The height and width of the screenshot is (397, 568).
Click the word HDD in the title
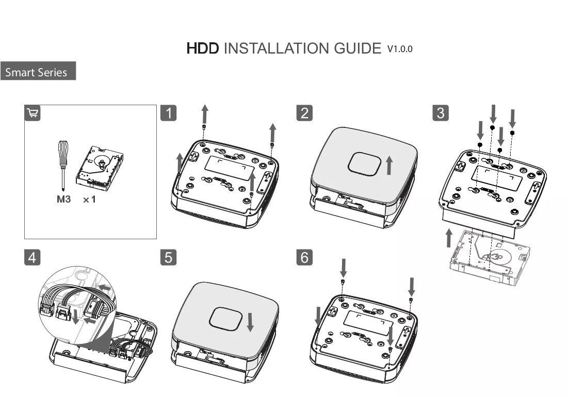[203, 48]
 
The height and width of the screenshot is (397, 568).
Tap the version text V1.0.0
[400, 49]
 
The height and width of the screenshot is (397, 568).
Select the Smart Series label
[36, 72]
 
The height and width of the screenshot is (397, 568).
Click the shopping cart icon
[32, 113]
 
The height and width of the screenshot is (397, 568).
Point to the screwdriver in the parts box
[62, 164]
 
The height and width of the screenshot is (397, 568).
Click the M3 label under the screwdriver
[64, 199]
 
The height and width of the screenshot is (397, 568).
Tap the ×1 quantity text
[89, 200]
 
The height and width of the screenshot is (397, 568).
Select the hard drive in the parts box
[99, 168]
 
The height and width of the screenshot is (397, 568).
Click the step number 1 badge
[169, 113]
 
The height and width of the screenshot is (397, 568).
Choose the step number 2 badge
[304, 113]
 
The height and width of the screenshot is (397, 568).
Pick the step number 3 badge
[441, 113]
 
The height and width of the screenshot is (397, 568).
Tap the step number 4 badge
[32, 257]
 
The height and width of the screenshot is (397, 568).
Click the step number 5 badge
[169, 257]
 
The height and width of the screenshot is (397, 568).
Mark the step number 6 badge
[304, 257]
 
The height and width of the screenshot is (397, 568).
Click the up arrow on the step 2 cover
[390, 166]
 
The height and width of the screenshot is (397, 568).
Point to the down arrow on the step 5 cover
[250, 322]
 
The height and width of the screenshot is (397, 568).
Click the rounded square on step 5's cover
[225, 319]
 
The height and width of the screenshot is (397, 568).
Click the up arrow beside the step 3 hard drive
[449, 238]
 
